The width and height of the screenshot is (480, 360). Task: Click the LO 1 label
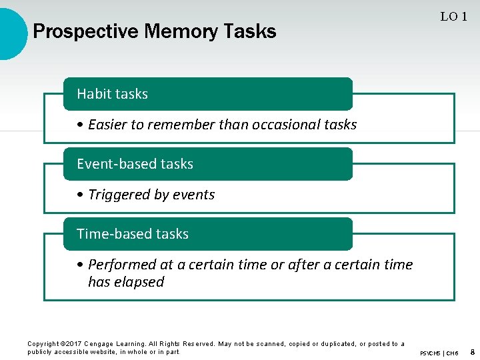pos(453,17)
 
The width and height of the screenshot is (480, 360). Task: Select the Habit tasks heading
pos(112,94)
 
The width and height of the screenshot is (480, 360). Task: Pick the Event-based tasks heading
pos(135,164)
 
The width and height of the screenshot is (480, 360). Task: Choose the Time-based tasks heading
pos(133,234)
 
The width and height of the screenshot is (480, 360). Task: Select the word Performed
pos(120,265)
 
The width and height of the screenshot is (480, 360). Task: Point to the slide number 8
pos(472,351)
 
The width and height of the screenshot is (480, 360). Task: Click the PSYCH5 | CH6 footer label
pos(439,352)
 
